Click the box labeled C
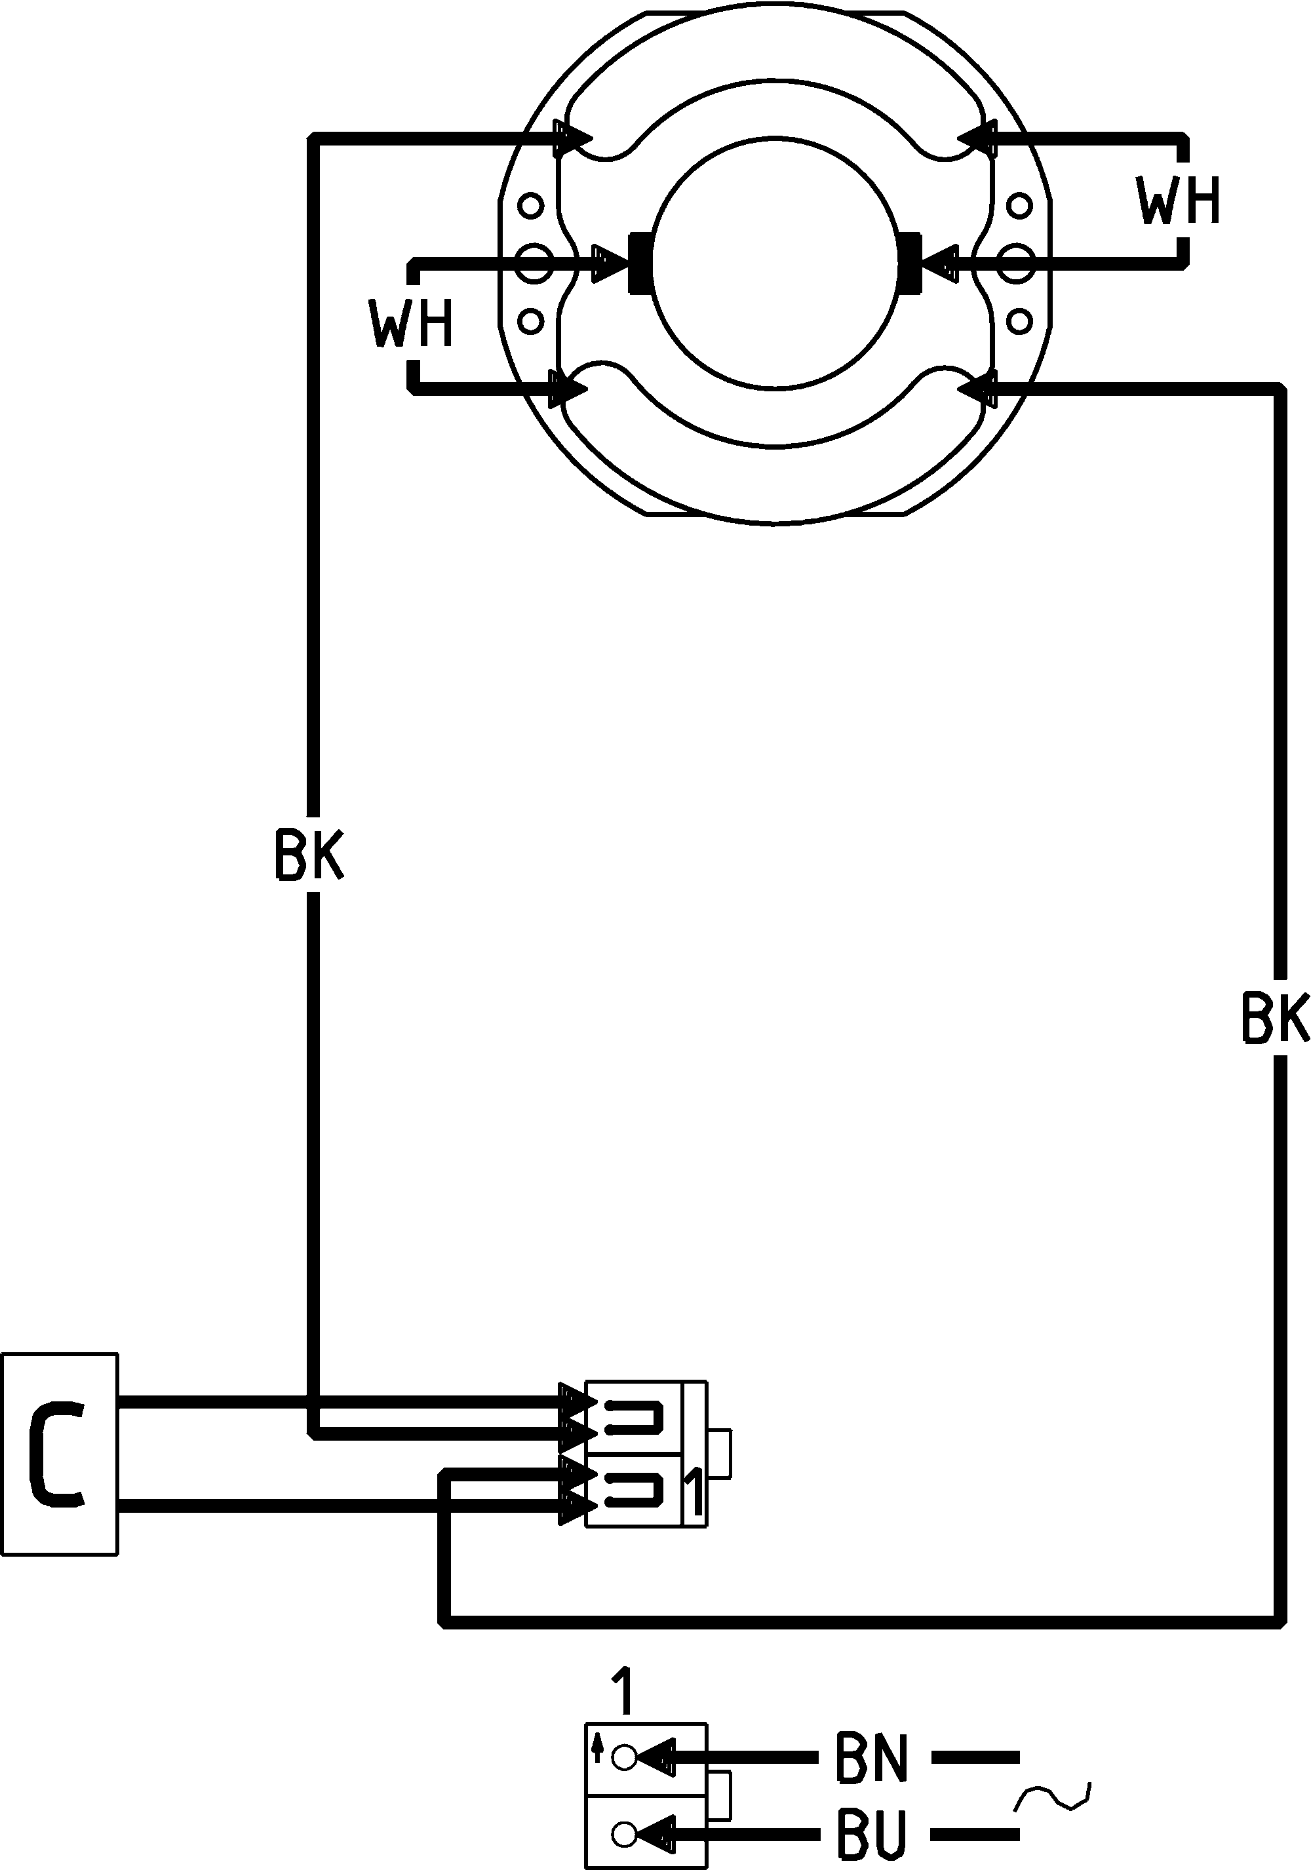pos(60,1456)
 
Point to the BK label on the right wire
pos(1275,1017)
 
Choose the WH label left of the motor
pos(410,323)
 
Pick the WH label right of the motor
pos(1179,201)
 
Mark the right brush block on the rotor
pos(908,262)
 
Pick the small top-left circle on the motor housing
pos(531,205)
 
